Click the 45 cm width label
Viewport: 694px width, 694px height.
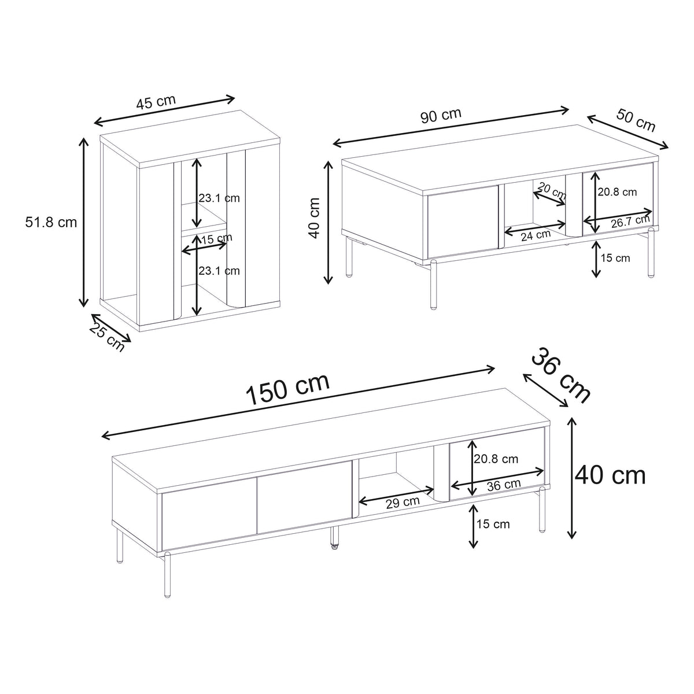tap(156, 102)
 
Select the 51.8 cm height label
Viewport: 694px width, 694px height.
tap(51, 222)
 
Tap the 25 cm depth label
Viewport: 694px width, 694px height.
tap(107, 337)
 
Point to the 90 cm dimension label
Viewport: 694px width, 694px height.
tap(441, 115)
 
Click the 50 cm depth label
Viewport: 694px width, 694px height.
tap(636, 120)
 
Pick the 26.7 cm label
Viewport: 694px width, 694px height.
tap(630, 222)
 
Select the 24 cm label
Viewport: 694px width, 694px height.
tap(536, 235)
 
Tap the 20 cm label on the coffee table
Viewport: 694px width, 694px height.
tap(552, 190)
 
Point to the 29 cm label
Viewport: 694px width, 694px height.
tap(403, 502)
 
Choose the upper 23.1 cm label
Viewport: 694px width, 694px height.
tap(219, 198)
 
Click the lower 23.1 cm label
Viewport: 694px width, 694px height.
tap(219, 271)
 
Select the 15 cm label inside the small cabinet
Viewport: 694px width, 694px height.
tap(216, 238)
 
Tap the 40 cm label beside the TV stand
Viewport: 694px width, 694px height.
tap(610, 475)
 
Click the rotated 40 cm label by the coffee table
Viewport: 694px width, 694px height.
tap(315, 218)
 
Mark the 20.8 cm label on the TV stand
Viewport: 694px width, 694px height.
tap(496, 459)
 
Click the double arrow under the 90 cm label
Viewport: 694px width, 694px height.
tap(451, 127)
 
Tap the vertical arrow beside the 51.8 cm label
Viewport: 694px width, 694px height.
tap(84, 222)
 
